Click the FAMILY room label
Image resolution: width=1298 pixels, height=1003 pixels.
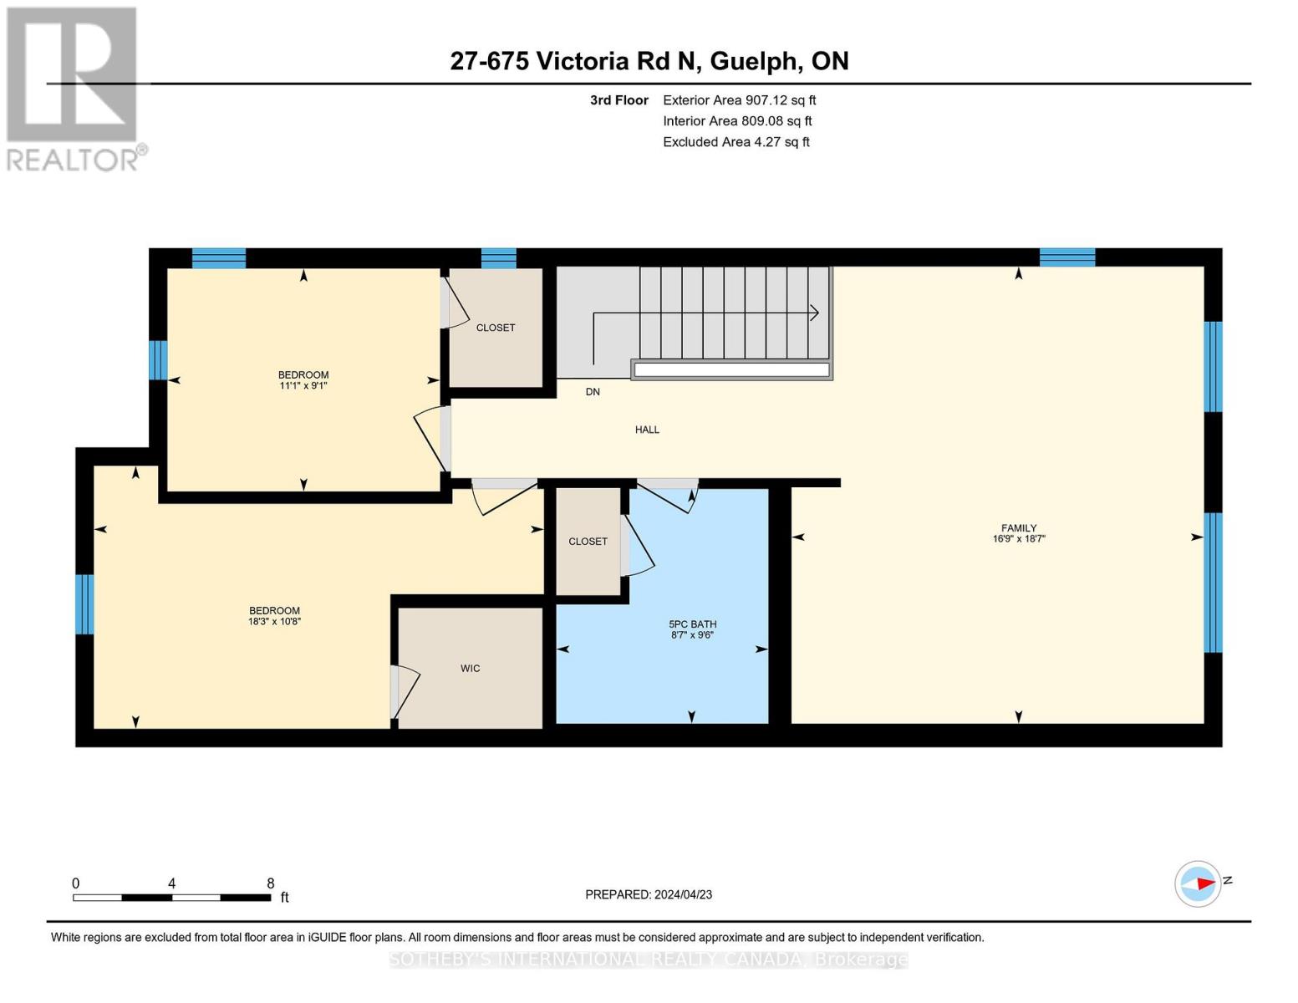pos(1018,528)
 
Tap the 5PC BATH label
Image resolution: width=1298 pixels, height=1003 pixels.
pos(692,624)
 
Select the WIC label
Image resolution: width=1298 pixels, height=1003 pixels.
pos(470,669)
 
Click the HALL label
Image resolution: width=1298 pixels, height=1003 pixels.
pos(647,430)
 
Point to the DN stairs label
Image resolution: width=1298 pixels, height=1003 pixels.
pos(593,392)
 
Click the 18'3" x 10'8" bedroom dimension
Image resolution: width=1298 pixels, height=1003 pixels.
pos(274,622)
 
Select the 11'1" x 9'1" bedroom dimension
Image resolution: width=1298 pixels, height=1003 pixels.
pos(303,386)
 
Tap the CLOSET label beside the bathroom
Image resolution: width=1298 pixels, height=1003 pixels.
pos(588,542)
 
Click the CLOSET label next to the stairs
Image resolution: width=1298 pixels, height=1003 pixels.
pos(496,328)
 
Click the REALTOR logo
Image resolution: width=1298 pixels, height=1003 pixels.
pos(74,88)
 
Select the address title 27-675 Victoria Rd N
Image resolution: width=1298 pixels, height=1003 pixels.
pos(649,61)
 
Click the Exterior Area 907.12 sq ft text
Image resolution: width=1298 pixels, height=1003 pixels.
pos(739,100)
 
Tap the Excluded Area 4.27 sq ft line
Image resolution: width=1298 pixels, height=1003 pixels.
pos(736,142)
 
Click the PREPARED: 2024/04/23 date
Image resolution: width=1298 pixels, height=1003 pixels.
pos(649,894)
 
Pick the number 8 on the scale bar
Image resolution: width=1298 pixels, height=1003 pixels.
pos(270,883)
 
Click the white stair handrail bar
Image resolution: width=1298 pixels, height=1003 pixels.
pos(731,369)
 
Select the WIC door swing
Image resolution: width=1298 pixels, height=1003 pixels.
pos(406,690)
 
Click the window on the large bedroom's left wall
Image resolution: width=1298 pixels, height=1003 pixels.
pos(84,603)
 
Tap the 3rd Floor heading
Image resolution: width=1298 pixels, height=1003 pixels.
pos(618,100)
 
